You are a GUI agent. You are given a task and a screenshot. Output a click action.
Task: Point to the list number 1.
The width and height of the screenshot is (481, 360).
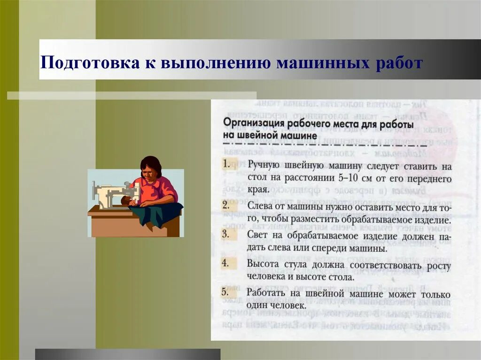pyautogui.click(x=226, y=164)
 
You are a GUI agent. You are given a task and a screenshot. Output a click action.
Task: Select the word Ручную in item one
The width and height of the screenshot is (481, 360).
pyautogui.click(x=264, y=166)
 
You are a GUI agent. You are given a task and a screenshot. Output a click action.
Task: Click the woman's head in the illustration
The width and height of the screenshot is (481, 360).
pyautogui.click(x=151, y=167)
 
